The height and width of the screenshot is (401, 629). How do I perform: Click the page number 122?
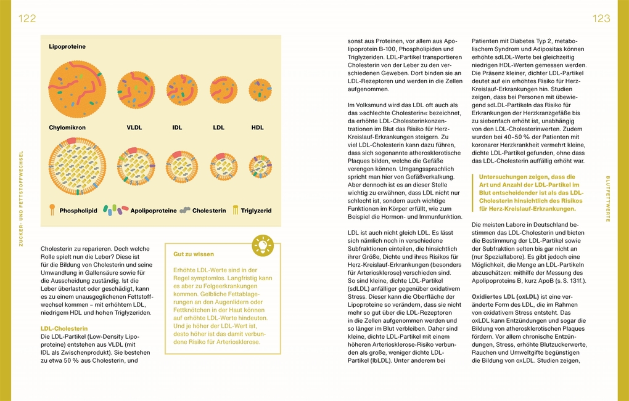27,19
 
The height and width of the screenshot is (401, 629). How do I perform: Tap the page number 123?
601,19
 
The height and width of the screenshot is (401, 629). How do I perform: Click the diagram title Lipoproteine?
67,47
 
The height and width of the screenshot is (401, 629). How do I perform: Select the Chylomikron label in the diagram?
67,128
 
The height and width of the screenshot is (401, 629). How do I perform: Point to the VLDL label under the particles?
134,128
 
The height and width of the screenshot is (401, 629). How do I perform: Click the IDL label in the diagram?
177,128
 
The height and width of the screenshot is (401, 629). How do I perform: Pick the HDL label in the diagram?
257,128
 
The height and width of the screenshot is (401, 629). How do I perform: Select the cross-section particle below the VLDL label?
136,166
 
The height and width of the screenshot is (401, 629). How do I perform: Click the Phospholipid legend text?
78,211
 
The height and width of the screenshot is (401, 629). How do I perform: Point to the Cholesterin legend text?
210,211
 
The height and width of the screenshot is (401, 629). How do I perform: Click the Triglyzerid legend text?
256,211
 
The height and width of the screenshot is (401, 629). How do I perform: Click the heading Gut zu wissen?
193,254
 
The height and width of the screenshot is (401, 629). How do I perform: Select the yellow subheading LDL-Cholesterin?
64,329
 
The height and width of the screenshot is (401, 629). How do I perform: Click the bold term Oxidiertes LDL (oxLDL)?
508,296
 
